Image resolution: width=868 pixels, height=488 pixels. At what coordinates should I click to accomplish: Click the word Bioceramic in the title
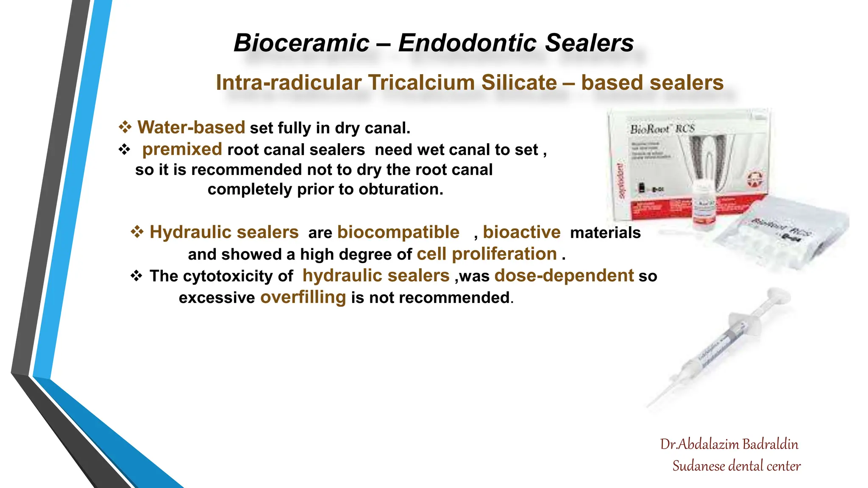301,43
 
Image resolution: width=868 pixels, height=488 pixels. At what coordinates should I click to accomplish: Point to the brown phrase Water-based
191,128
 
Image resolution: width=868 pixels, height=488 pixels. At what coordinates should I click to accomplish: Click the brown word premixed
182,149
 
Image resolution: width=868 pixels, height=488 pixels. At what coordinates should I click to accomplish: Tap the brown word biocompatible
398,232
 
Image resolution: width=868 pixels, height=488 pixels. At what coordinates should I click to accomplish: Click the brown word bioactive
521,232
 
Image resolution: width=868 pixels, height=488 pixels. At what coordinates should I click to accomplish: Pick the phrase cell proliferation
487,254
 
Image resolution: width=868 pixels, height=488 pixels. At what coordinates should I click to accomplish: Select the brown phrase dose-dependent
564,276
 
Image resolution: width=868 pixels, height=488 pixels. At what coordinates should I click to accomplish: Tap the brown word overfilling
303,297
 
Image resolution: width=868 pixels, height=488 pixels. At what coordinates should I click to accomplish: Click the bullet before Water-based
125,127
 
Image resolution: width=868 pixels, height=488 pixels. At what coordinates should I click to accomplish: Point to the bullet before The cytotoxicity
136,276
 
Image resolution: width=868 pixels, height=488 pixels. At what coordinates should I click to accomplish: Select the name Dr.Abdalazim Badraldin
729,444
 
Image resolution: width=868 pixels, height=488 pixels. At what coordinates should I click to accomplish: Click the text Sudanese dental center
736,466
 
